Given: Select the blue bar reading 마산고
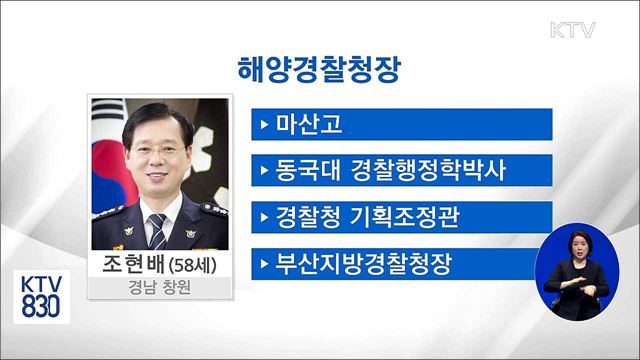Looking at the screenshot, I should point(402,124).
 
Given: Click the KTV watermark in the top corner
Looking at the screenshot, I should point(572,30).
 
